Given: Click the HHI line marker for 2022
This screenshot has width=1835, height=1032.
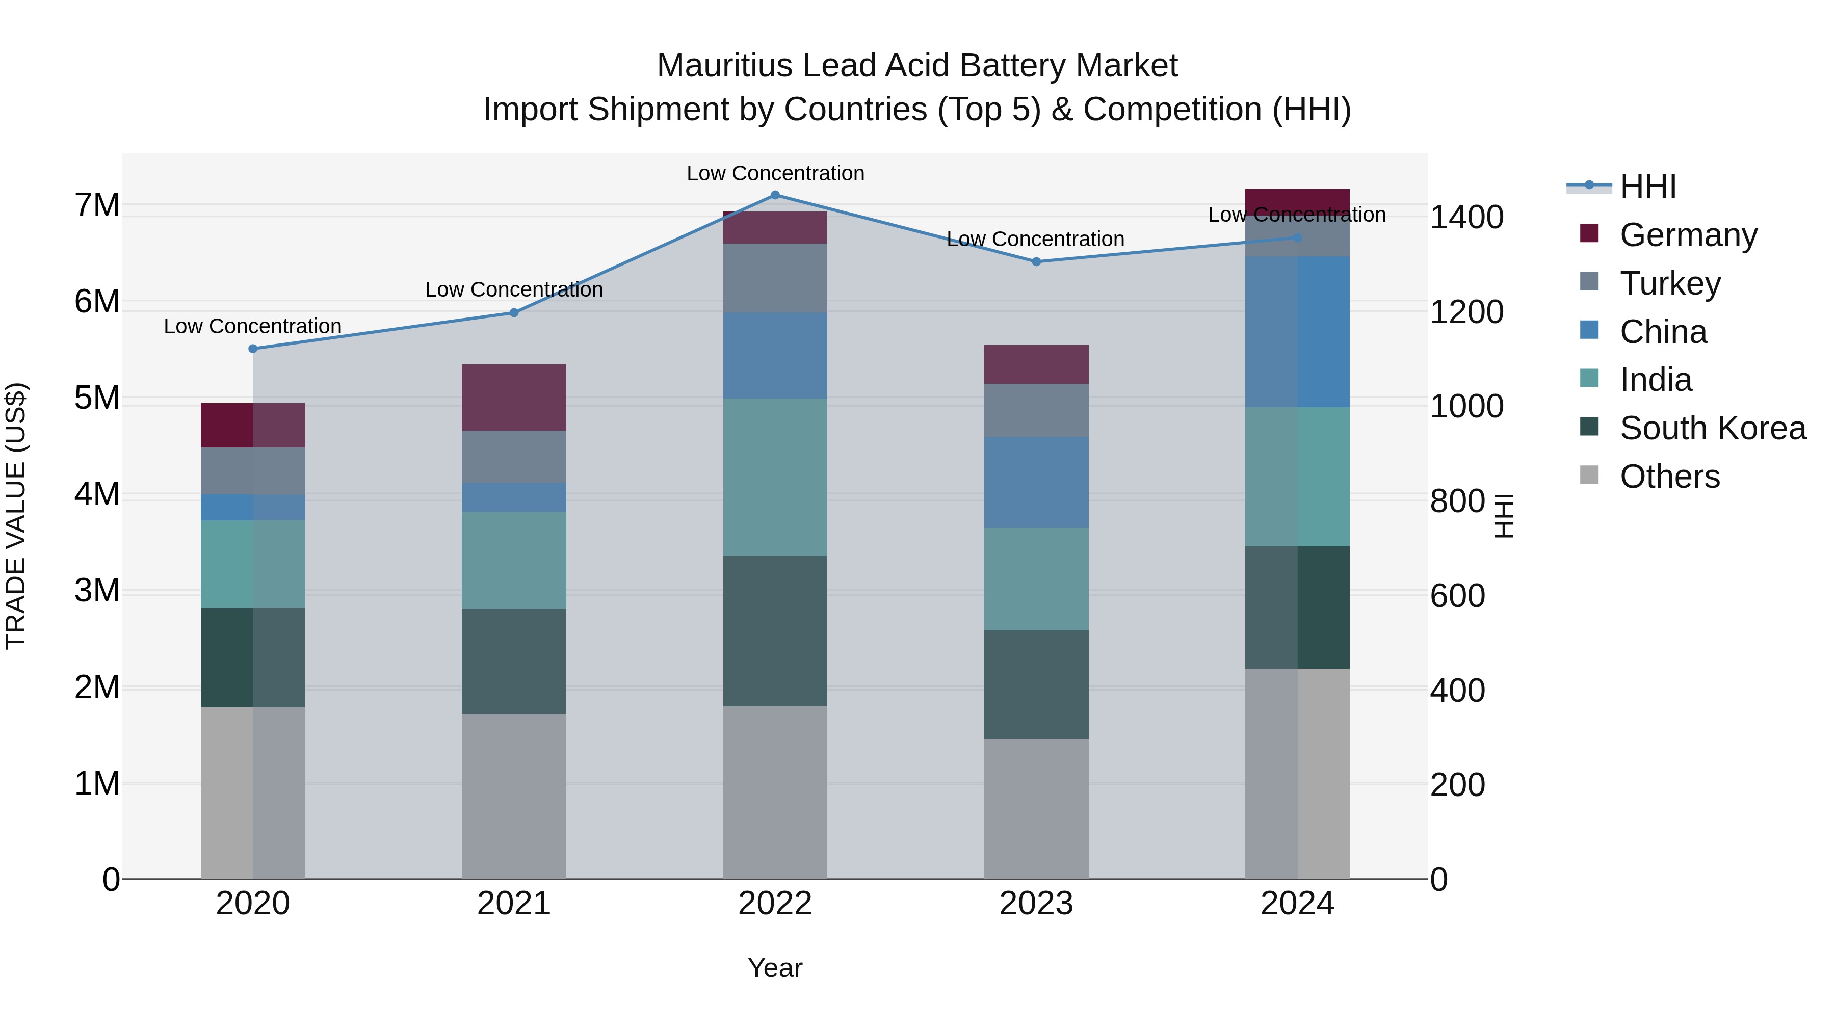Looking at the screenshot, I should click(x=775, y=195).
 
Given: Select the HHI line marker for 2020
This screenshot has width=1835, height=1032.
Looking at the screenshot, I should click(x=253, y=349).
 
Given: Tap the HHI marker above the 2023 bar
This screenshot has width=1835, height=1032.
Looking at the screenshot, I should click(x=1036, y=262).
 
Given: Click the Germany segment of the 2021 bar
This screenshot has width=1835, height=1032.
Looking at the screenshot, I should click(x=514, y=398).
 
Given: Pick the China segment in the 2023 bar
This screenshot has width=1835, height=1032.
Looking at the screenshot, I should click(x=1036, y=482).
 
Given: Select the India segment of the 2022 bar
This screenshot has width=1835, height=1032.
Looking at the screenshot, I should click(x=775, y=477).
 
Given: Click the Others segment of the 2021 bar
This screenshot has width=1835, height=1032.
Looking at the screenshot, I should click(x=514, y=796).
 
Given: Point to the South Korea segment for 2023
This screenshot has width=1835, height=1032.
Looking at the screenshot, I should click(x=1036, y=684).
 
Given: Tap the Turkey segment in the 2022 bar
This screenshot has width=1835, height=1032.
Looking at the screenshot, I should click(x=775, y=278).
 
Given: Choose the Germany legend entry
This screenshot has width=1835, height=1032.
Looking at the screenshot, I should click(x=1688, y=235).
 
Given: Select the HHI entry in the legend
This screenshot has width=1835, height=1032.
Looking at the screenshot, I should click(x=1647, y=187).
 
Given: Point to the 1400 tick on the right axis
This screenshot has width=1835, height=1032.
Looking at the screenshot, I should click(x=1466, y=217).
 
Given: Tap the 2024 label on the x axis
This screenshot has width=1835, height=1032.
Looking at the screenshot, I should click(x=1297, y=904).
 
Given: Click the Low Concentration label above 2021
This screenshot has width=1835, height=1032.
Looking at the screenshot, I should click(x=514, y=290).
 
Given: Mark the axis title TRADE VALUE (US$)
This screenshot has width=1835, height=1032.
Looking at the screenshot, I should click(x=16, y=516).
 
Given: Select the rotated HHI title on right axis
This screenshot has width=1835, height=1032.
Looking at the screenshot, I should click(x=1504, y=516).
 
